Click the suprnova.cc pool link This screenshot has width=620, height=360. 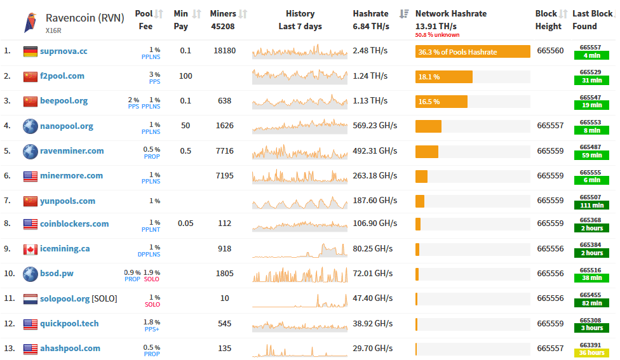point(64,51)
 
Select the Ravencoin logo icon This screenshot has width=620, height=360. point(30,22)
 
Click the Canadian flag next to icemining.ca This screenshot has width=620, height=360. point(30,249)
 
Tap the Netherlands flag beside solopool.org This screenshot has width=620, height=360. point(30,298)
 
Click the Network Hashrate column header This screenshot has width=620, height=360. point(450,13)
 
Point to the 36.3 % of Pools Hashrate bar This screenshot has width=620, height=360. point(473,51)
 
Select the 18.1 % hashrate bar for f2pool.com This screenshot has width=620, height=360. point(443,77)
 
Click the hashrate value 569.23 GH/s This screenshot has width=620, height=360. point(375,126)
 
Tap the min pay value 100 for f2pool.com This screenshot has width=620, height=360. point(185,76)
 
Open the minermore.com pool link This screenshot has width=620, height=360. point(71,176)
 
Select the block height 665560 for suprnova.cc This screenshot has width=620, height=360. point(550,51)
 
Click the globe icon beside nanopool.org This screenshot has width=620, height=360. point(30,126)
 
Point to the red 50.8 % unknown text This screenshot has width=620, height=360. point(437,35)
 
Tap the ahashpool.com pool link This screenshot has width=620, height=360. point(70,349)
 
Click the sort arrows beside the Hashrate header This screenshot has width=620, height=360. point(404,13)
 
